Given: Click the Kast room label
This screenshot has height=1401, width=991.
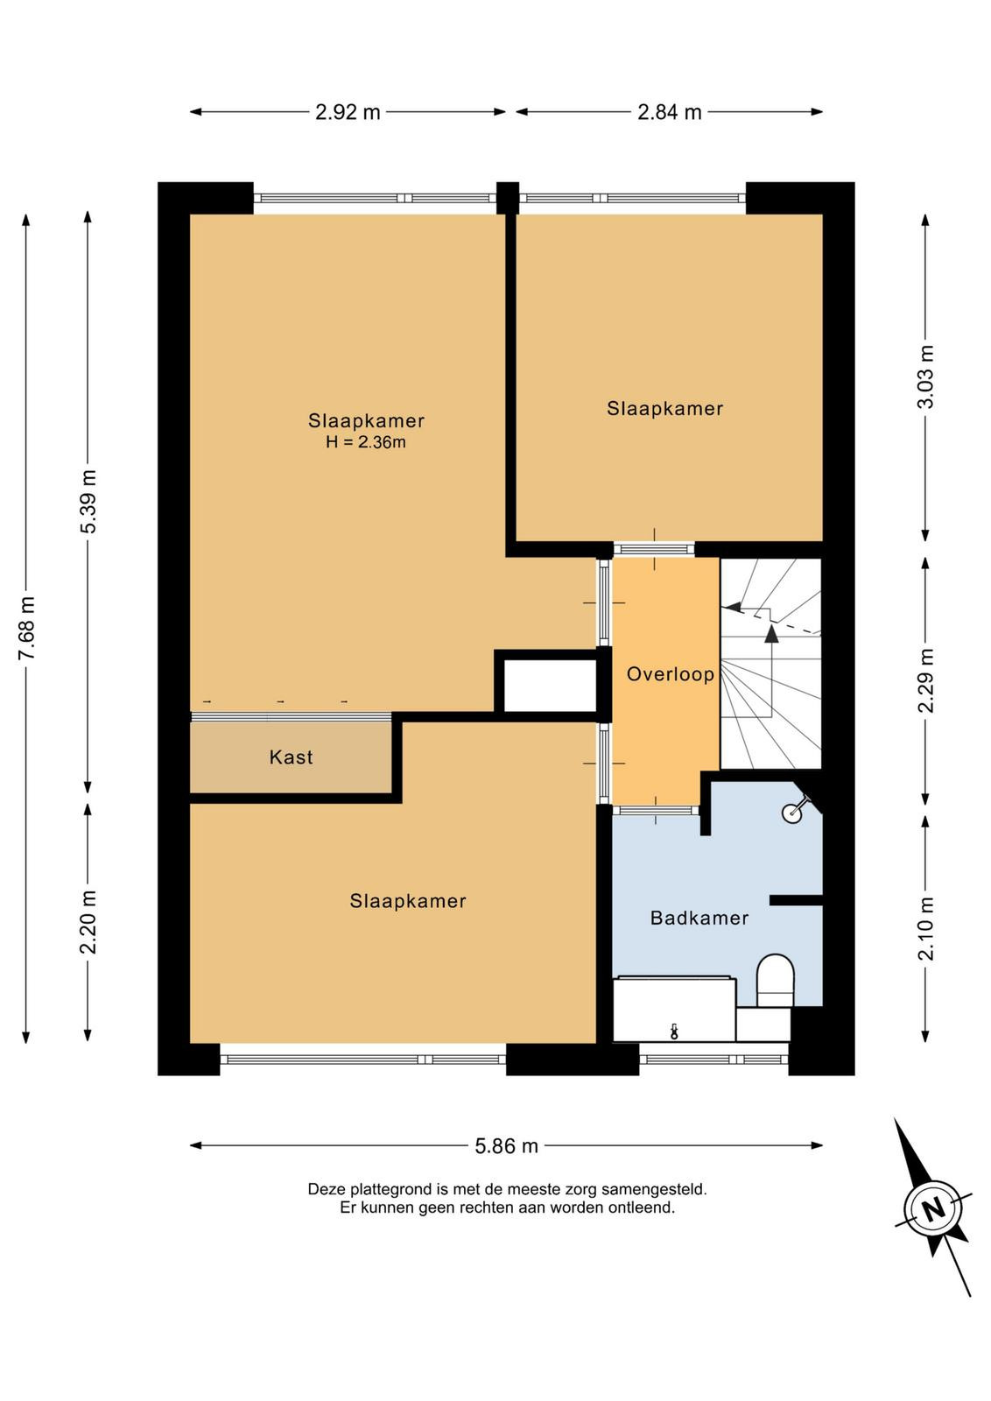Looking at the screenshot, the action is tap(291, 757).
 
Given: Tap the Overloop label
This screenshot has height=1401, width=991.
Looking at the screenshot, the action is tap(671, 674).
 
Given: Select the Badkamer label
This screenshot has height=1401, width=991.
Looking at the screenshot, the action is tap(699, 919).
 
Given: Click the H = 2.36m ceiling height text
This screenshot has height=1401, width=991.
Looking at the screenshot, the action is tap(366, 442).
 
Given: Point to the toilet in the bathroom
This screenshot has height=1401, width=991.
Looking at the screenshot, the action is tap(776, 980).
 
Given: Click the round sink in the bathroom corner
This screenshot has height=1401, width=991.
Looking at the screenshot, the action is tap(791, 813).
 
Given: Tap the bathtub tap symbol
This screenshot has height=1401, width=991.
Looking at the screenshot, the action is tap(674, 1031).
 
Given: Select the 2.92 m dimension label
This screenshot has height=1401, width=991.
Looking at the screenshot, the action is tap(348, 112).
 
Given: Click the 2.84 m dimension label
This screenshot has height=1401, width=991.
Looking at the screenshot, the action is tap(669, 112).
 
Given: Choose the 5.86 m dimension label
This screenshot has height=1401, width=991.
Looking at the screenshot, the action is tap(506, 1146).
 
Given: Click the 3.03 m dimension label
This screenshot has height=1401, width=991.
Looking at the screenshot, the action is tap(925, 377).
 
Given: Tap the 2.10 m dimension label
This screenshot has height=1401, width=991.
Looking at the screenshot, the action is tap(925, 928).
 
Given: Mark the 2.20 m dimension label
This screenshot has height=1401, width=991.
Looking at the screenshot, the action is tap(88, 921).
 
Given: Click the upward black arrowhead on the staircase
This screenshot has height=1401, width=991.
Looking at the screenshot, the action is tap(771, 634).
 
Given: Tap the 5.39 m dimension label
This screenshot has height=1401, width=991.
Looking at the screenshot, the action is tap(88, 502).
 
